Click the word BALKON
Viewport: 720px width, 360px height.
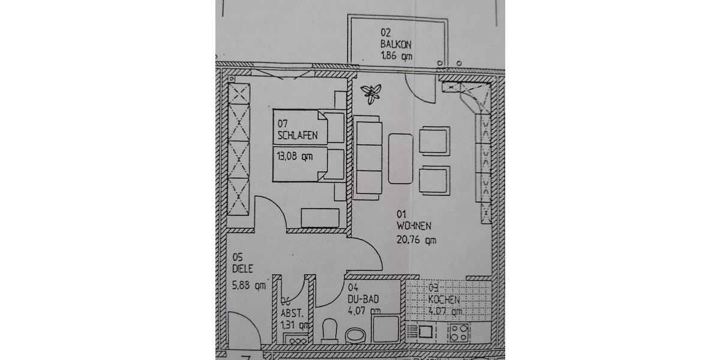(x=393, y=44)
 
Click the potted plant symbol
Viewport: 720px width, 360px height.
(x=371, y=93)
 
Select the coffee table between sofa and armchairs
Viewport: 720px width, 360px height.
(x=400, y=158)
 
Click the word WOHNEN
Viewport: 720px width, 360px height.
(x=413, y=226)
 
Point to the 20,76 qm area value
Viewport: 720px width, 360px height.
(x=416, y=240)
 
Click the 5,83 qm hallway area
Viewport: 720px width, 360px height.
(x=248, y=286)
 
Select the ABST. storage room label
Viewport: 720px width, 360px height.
(x=294, y=313)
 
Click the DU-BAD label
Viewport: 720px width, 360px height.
(x=363, y=298)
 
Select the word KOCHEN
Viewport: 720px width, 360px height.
(x=444, y=299)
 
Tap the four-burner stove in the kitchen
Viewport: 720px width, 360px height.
(x=459, y=332)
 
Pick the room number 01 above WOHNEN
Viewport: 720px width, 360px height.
(x=401, y=213)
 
